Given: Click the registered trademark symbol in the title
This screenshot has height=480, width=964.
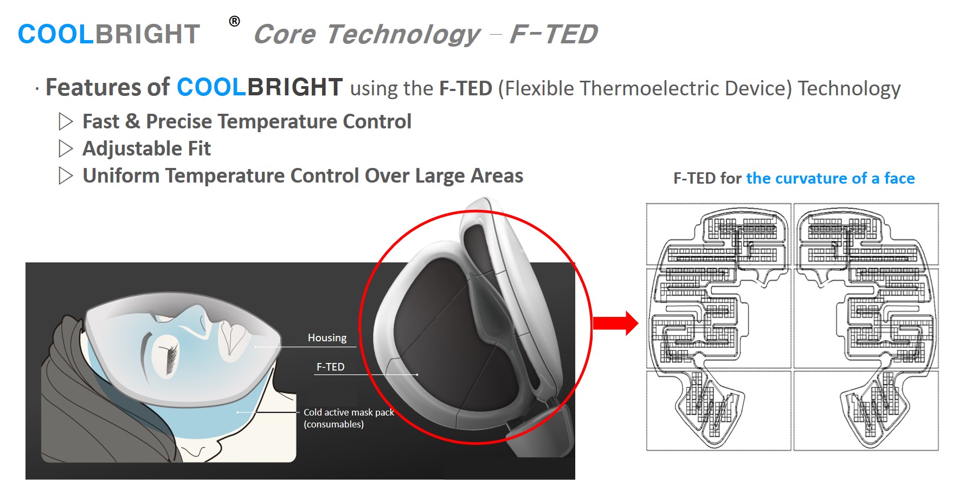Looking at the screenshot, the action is pos(234,21).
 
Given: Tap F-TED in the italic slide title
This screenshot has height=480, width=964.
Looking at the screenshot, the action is pos(554,34).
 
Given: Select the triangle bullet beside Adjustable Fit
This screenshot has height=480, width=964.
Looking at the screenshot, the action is pos(66,148).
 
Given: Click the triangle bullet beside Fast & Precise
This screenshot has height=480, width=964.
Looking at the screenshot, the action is pos(66,121).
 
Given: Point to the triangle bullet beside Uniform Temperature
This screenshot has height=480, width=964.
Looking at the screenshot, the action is pos(66,176).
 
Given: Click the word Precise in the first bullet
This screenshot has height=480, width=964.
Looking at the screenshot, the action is pos(179,121).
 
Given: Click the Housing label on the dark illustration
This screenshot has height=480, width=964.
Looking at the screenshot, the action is pos(327,338).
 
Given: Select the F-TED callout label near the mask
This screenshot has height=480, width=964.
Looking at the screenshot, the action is pos(330,367).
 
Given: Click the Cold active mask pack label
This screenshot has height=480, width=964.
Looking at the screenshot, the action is pos(349,412).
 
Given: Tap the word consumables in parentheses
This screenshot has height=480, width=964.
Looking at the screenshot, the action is pos(334,424).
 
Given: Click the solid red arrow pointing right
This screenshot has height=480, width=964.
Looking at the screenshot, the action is pos(615,323).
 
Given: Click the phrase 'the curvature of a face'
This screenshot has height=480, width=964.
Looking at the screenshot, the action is pos(830,178).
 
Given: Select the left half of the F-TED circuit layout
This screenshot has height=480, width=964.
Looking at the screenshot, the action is pos(719,327).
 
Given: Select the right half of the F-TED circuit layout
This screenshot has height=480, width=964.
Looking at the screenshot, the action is pos(866,327).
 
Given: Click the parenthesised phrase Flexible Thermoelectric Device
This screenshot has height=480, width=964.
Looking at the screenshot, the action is pos(645,88).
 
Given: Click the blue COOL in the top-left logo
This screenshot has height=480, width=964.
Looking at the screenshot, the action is pos(56,34).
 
